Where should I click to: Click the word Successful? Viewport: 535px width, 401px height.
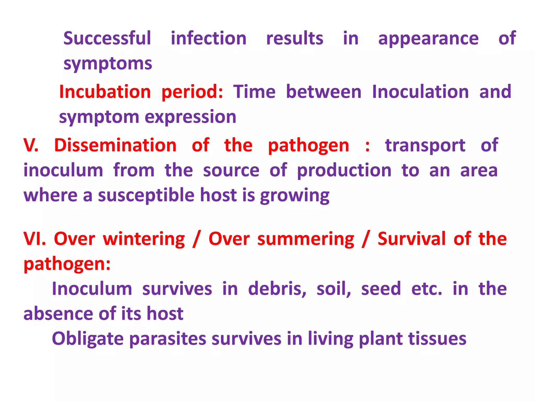107,38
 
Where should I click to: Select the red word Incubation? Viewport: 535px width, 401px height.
105,92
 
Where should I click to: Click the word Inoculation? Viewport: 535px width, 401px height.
420,92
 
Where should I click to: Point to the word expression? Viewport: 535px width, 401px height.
190,117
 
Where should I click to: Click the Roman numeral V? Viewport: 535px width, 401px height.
31,145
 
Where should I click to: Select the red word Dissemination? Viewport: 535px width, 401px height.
115,145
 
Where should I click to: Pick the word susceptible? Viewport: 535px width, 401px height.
146,196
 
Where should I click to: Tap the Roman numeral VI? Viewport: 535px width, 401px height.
34,239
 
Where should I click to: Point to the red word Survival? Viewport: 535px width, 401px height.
412,239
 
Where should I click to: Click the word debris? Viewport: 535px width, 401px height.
277,289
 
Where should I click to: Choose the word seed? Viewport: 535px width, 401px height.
381,289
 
